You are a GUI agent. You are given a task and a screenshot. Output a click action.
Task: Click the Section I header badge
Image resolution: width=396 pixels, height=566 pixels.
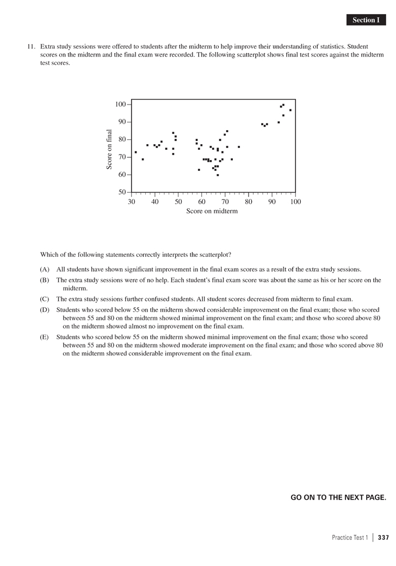(365, 20)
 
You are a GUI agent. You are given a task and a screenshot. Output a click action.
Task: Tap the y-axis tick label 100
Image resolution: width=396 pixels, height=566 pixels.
(120, 104)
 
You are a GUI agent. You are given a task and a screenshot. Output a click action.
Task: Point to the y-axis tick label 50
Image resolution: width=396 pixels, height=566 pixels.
(122, 193)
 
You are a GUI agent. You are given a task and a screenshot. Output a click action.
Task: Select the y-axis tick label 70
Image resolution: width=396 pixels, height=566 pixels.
(122, 157)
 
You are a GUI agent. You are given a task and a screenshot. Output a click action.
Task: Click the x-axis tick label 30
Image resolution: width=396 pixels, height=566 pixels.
(132, 202)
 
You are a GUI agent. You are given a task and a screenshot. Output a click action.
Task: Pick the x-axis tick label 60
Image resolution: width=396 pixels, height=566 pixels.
(202, 202)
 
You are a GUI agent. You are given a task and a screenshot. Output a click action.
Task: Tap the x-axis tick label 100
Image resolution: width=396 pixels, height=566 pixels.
(295, 202)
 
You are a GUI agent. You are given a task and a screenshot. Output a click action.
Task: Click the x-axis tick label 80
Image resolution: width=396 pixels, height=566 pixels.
(249, 202)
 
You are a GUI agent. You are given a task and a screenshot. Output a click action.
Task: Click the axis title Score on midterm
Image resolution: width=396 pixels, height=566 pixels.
(212, 211)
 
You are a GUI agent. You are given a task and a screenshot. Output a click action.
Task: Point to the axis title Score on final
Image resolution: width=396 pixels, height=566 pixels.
(109, 149)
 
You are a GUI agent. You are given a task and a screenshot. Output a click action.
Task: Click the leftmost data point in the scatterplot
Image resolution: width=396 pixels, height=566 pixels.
(135, 152)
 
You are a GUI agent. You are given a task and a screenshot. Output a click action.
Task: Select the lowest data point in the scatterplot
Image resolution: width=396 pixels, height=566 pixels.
(218, 175)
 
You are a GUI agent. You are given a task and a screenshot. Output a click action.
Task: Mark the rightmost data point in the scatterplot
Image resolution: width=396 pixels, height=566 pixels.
(290, 110)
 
